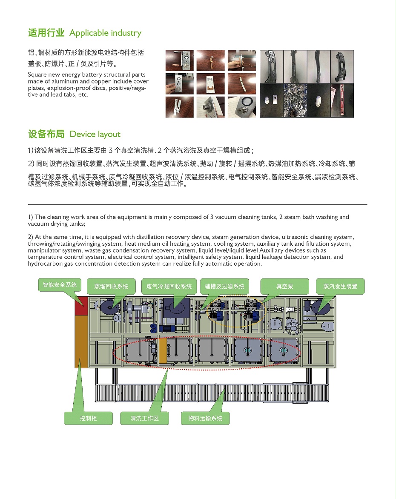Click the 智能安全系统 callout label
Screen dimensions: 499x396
[60, 285]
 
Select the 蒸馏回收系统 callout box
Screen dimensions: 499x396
[111, 287]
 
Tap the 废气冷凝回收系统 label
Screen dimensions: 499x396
[169, 287]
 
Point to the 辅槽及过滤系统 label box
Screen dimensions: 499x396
[224, 287]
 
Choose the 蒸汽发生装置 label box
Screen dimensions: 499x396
[340, 287]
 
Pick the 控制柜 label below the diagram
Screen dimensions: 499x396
[88, 418]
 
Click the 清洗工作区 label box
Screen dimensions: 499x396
[144, 418]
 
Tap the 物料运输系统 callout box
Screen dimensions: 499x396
[205, 418]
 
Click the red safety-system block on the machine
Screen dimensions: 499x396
[81, 306]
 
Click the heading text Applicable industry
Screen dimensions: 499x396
[105, 33]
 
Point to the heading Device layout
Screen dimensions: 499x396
[95, 135]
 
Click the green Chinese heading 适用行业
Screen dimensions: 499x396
[46, 33]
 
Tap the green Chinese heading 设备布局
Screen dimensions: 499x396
[46, 134]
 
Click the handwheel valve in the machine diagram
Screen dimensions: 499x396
[293, 329]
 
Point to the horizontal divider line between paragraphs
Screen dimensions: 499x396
[198, 205]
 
